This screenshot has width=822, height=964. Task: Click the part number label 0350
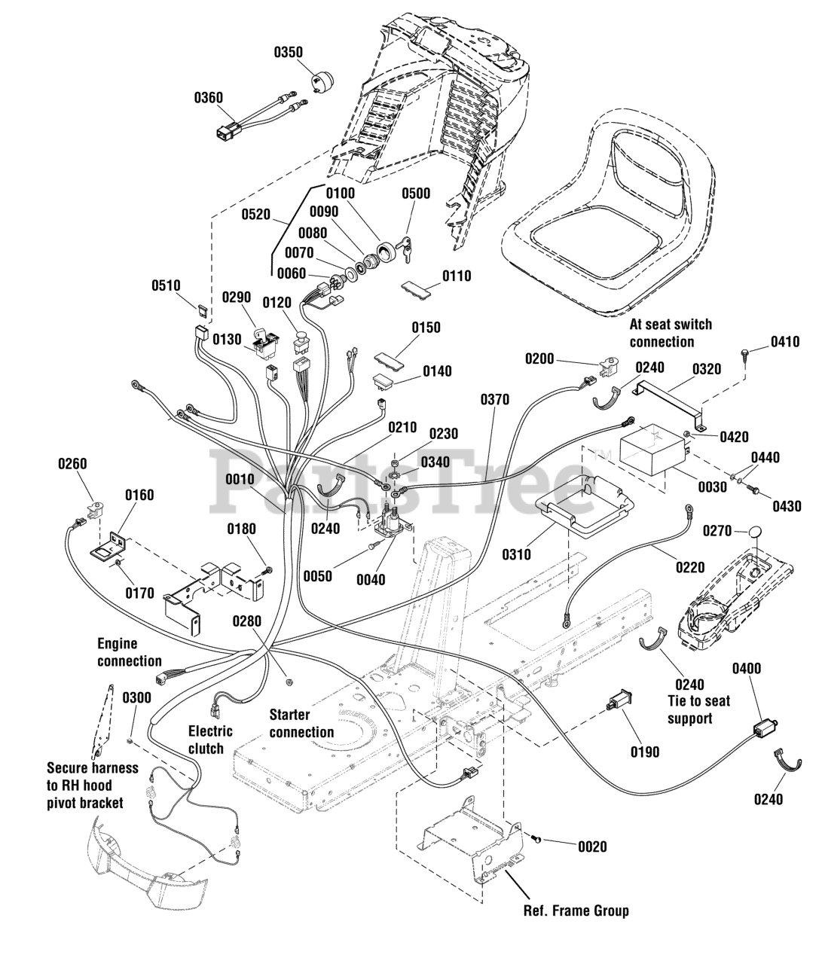tap(288, 52)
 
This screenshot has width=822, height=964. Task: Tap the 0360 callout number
tap(209, 97)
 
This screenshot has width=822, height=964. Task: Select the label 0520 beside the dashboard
tap(256, 214)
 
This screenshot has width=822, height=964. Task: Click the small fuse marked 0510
tap(203, 310)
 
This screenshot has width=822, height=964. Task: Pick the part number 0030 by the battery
tap(712, 487)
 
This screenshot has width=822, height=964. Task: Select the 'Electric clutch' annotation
tap(210, 740)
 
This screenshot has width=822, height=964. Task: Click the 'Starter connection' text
tap(301, 723)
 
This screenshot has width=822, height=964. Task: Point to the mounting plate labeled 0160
tap(108, 545)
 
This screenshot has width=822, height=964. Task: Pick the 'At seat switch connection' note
tap(671, 333)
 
